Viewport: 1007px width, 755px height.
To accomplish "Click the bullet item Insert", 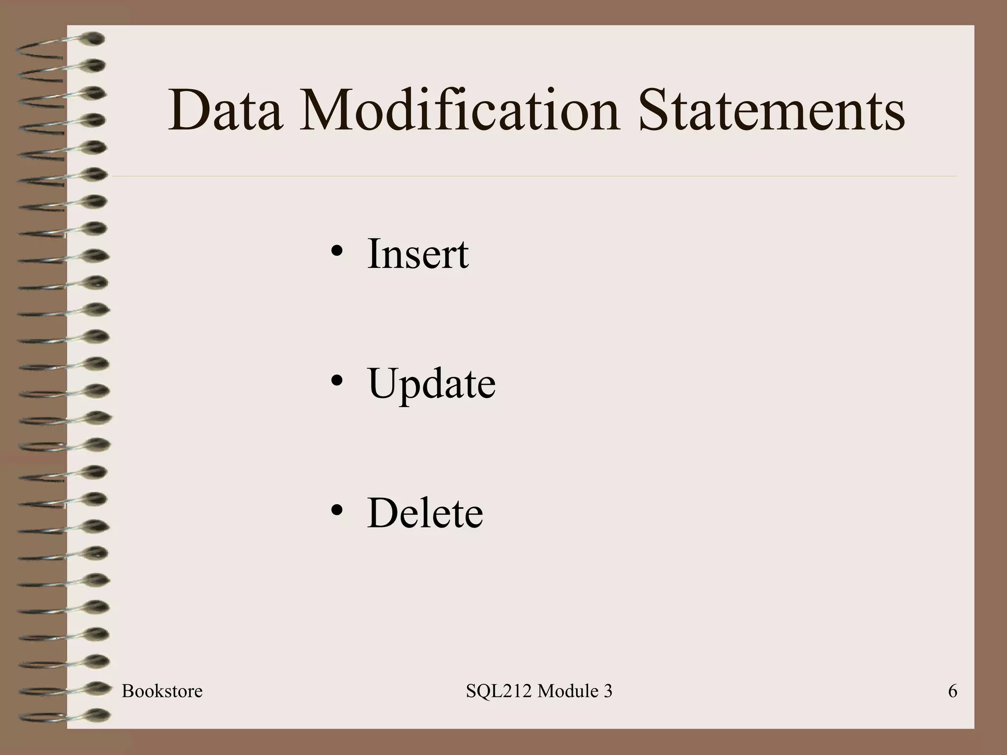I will click(x=417, y=254).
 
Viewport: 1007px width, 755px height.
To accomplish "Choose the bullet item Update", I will click(x=431, y=384).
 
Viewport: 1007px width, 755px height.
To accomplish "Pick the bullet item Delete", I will click(x=425, y=513).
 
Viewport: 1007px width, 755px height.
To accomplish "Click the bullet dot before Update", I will click(x=337, y=381).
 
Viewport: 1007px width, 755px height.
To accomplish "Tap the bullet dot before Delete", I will click(x=337, y=510).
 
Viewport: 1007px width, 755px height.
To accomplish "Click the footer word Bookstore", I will click(x=162, y=692).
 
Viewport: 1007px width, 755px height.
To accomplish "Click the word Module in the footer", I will click(x=561, y=692).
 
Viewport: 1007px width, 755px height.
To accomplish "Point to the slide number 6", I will click(x=952, y=692).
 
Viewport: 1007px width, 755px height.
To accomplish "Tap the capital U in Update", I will click(x=384, y=383).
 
